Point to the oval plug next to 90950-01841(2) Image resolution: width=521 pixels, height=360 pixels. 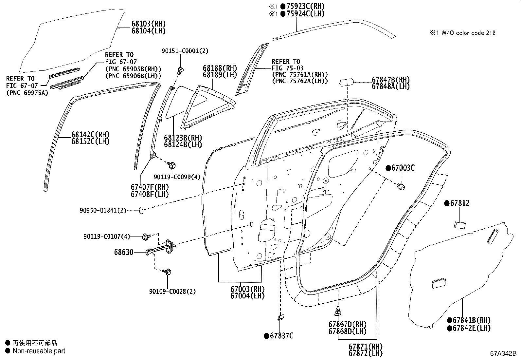[x=141, y=210]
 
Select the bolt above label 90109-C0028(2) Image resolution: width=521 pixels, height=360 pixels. [x=169, y=272]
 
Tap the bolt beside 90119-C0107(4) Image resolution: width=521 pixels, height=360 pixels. [x=146, y=236]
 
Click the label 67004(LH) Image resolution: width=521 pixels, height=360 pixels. [x=247, y=296]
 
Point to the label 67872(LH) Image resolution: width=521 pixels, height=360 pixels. [x=365, y=353]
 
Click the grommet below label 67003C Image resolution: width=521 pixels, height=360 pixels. [x=401, y=187]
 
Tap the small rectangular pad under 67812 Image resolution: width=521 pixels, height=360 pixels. [x=460, y=224]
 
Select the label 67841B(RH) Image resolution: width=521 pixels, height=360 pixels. [x=472, y=320]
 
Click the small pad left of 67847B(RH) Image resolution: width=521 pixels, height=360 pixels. [x=347, y=82]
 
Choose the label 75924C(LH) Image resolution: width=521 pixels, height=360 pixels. [x=305, y=14]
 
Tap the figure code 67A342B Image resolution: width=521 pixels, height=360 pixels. [x=503, y=354]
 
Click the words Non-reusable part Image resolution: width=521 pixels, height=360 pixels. [x=39, y=351]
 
